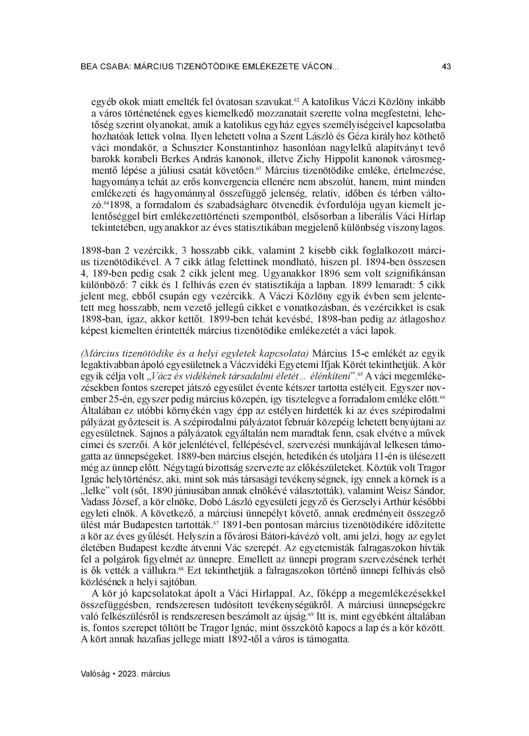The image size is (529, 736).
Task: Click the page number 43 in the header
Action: pos(446,67)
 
